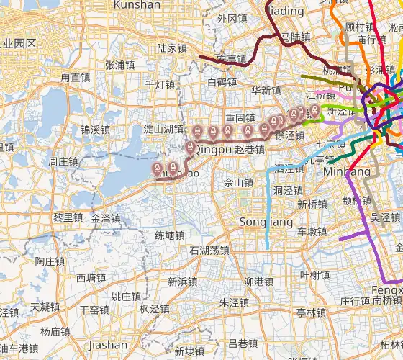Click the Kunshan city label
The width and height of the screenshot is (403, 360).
pos(137,5)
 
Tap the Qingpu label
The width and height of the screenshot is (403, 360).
pos(214,150)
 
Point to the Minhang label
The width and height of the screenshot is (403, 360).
pos(347,172)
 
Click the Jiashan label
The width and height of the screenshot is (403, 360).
pos(107,345)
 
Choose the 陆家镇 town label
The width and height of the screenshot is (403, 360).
pos(172,49)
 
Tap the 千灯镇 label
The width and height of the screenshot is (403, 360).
pos(160,84)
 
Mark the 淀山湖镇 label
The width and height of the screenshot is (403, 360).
pos(163,130)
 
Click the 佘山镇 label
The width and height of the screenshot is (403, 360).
pos(238,183)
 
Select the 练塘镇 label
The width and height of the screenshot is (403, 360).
pos(170,235)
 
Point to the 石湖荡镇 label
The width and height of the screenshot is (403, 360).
pos(209,251)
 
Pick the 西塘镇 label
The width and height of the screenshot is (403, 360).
pos(91,278)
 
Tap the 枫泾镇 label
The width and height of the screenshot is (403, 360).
pos(155,310)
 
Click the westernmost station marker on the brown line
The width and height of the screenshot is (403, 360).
pos(158,168)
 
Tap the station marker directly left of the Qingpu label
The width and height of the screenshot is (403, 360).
pos(190,148)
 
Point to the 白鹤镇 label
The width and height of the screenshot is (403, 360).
pos(222,83)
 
